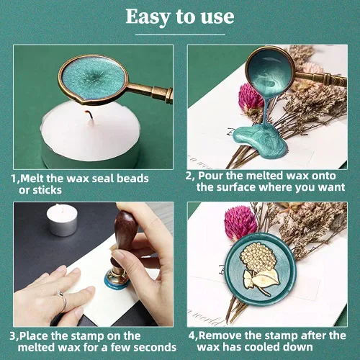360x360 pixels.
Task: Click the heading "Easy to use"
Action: coord(180,17)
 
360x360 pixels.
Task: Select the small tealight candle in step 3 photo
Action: coord(62,220)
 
